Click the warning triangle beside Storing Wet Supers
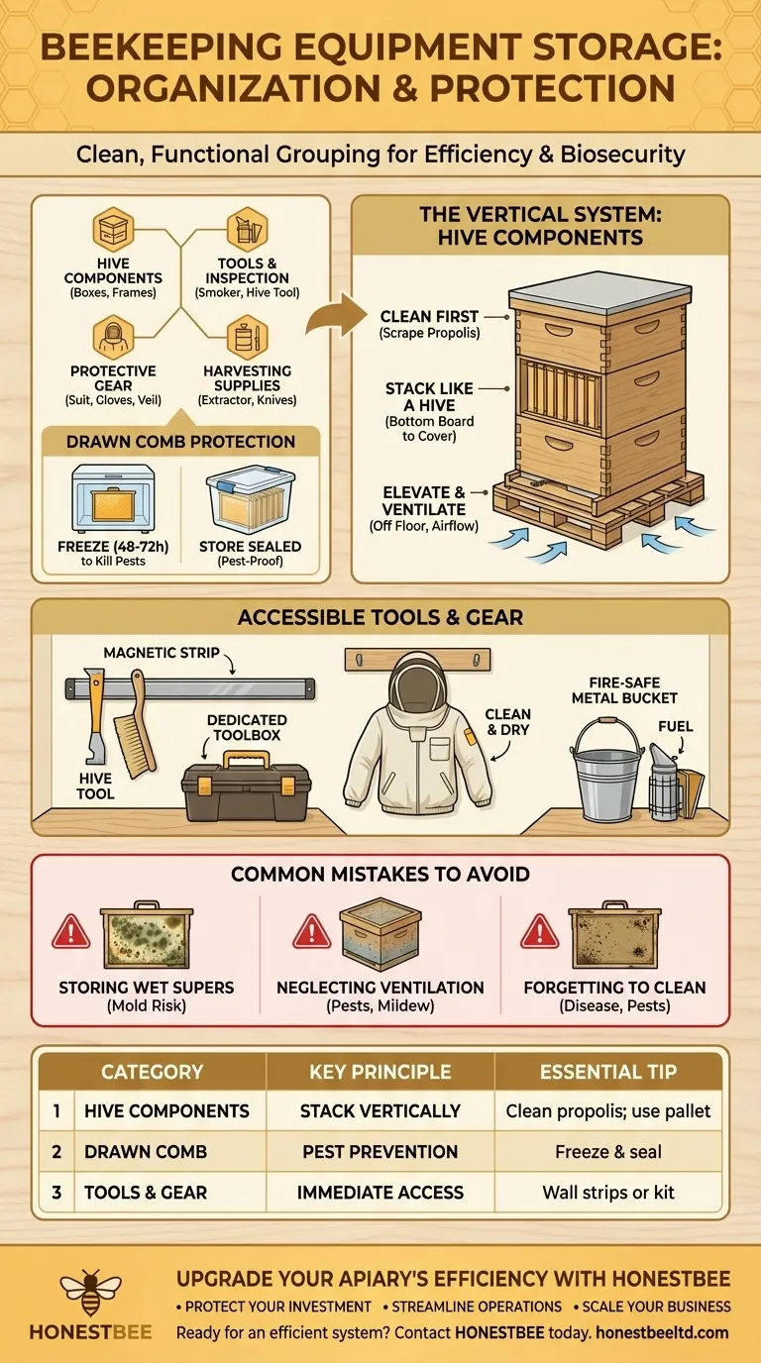click(x=71, y=932)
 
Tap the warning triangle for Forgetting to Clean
click(x=540, y=932)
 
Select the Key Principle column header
click(x=380, y=1072)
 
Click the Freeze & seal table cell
click(x=608, y=1152)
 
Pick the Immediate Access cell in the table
click(x=380, y=1193)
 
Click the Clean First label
click(x=429, y=316)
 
